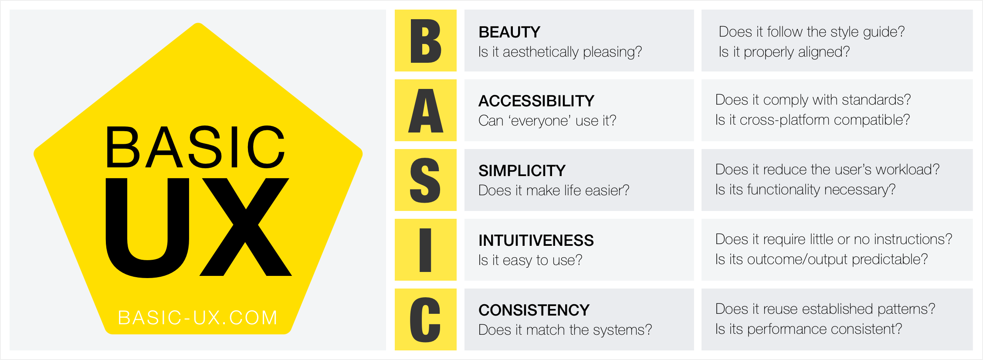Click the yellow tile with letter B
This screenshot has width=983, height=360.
tap(425, 41)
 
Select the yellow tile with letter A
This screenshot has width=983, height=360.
tap(425, 110)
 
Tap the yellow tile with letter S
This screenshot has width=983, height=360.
tap(425, 180)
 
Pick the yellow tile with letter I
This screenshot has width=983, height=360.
tap(425, 250)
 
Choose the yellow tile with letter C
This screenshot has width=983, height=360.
tap(425, 319)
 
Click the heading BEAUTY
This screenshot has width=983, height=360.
tap(509, 32)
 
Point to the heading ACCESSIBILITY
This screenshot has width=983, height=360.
tap(536, 101)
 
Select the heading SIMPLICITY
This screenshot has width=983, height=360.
tap(522, 171)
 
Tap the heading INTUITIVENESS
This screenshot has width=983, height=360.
tap(536, 241)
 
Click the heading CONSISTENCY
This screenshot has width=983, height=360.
tap(534, 310)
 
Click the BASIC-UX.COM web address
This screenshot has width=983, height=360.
tap(198, 318)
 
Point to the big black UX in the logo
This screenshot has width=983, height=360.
tap(198, 227)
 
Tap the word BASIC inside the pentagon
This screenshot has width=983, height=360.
tap(195, 147)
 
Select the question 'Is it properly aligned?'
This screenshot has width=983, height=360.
tap(784, 52)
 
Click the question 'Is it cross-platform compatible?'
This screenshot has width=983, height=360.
tap(812, 120)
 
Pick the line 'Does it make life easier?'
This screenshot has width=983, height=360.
tap(553, 190)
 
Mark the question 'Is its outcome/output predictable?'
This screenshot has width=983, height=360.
tap(821, 259)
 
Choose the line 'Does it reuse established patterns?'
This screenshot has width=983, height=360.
tap(825, 309)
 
